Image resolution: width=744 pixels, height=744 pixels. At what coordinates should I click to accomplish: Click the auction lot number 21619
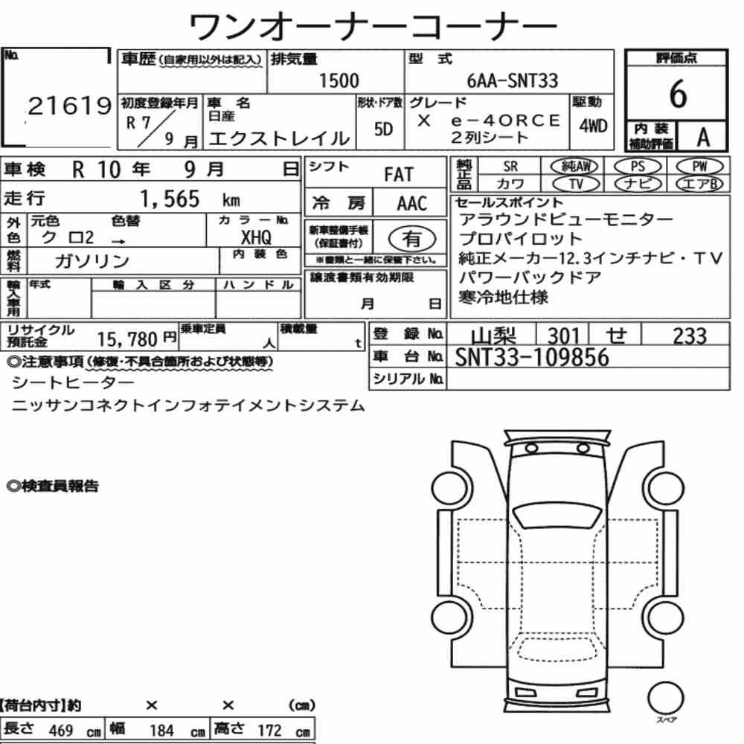pos(70,106)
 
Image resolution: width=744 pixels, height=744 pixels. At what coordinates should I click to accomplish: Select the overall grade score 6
pos(678,94)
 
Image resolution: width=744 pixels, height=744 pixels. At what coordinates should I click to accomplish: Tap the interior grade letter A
pos(703,138)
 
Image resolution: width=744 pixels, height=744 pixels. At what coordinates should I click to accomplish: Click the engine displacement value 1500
pos(339,80)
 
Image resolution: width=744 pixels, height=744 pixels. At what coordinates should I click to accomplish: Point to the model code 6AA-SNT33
pos(513,80)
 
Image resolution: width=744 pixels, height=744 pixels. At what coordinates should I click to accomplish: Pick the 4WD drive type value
pos(593,126)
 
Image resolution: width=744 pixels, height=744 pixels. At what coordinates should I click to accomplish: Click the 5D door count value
pos(383,129)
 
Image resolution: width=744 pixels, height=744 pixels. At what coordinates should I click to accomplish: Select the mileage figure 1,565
pos(170,199)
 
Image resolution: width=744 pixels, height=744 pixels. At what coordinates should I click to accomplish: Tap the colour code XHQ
pos(256,237)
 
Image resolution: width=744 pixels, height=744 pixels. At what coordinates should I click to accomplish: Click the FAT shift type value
pos(399,175)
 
